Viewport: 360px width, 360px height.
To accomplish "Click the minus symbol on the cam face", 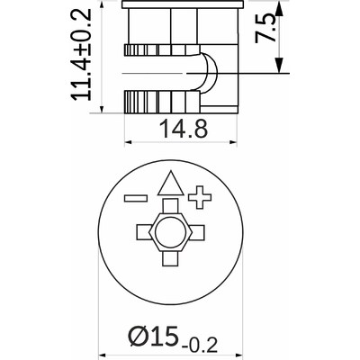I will [136, 197].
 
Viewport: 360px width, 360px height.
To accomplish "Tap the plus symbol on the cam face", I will [200, 196].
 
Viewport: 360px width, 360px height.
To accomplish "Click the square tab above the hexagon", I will [168, 209].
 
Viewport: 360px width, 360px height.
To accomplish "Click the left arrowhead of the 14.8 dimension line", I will [129, 142].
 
